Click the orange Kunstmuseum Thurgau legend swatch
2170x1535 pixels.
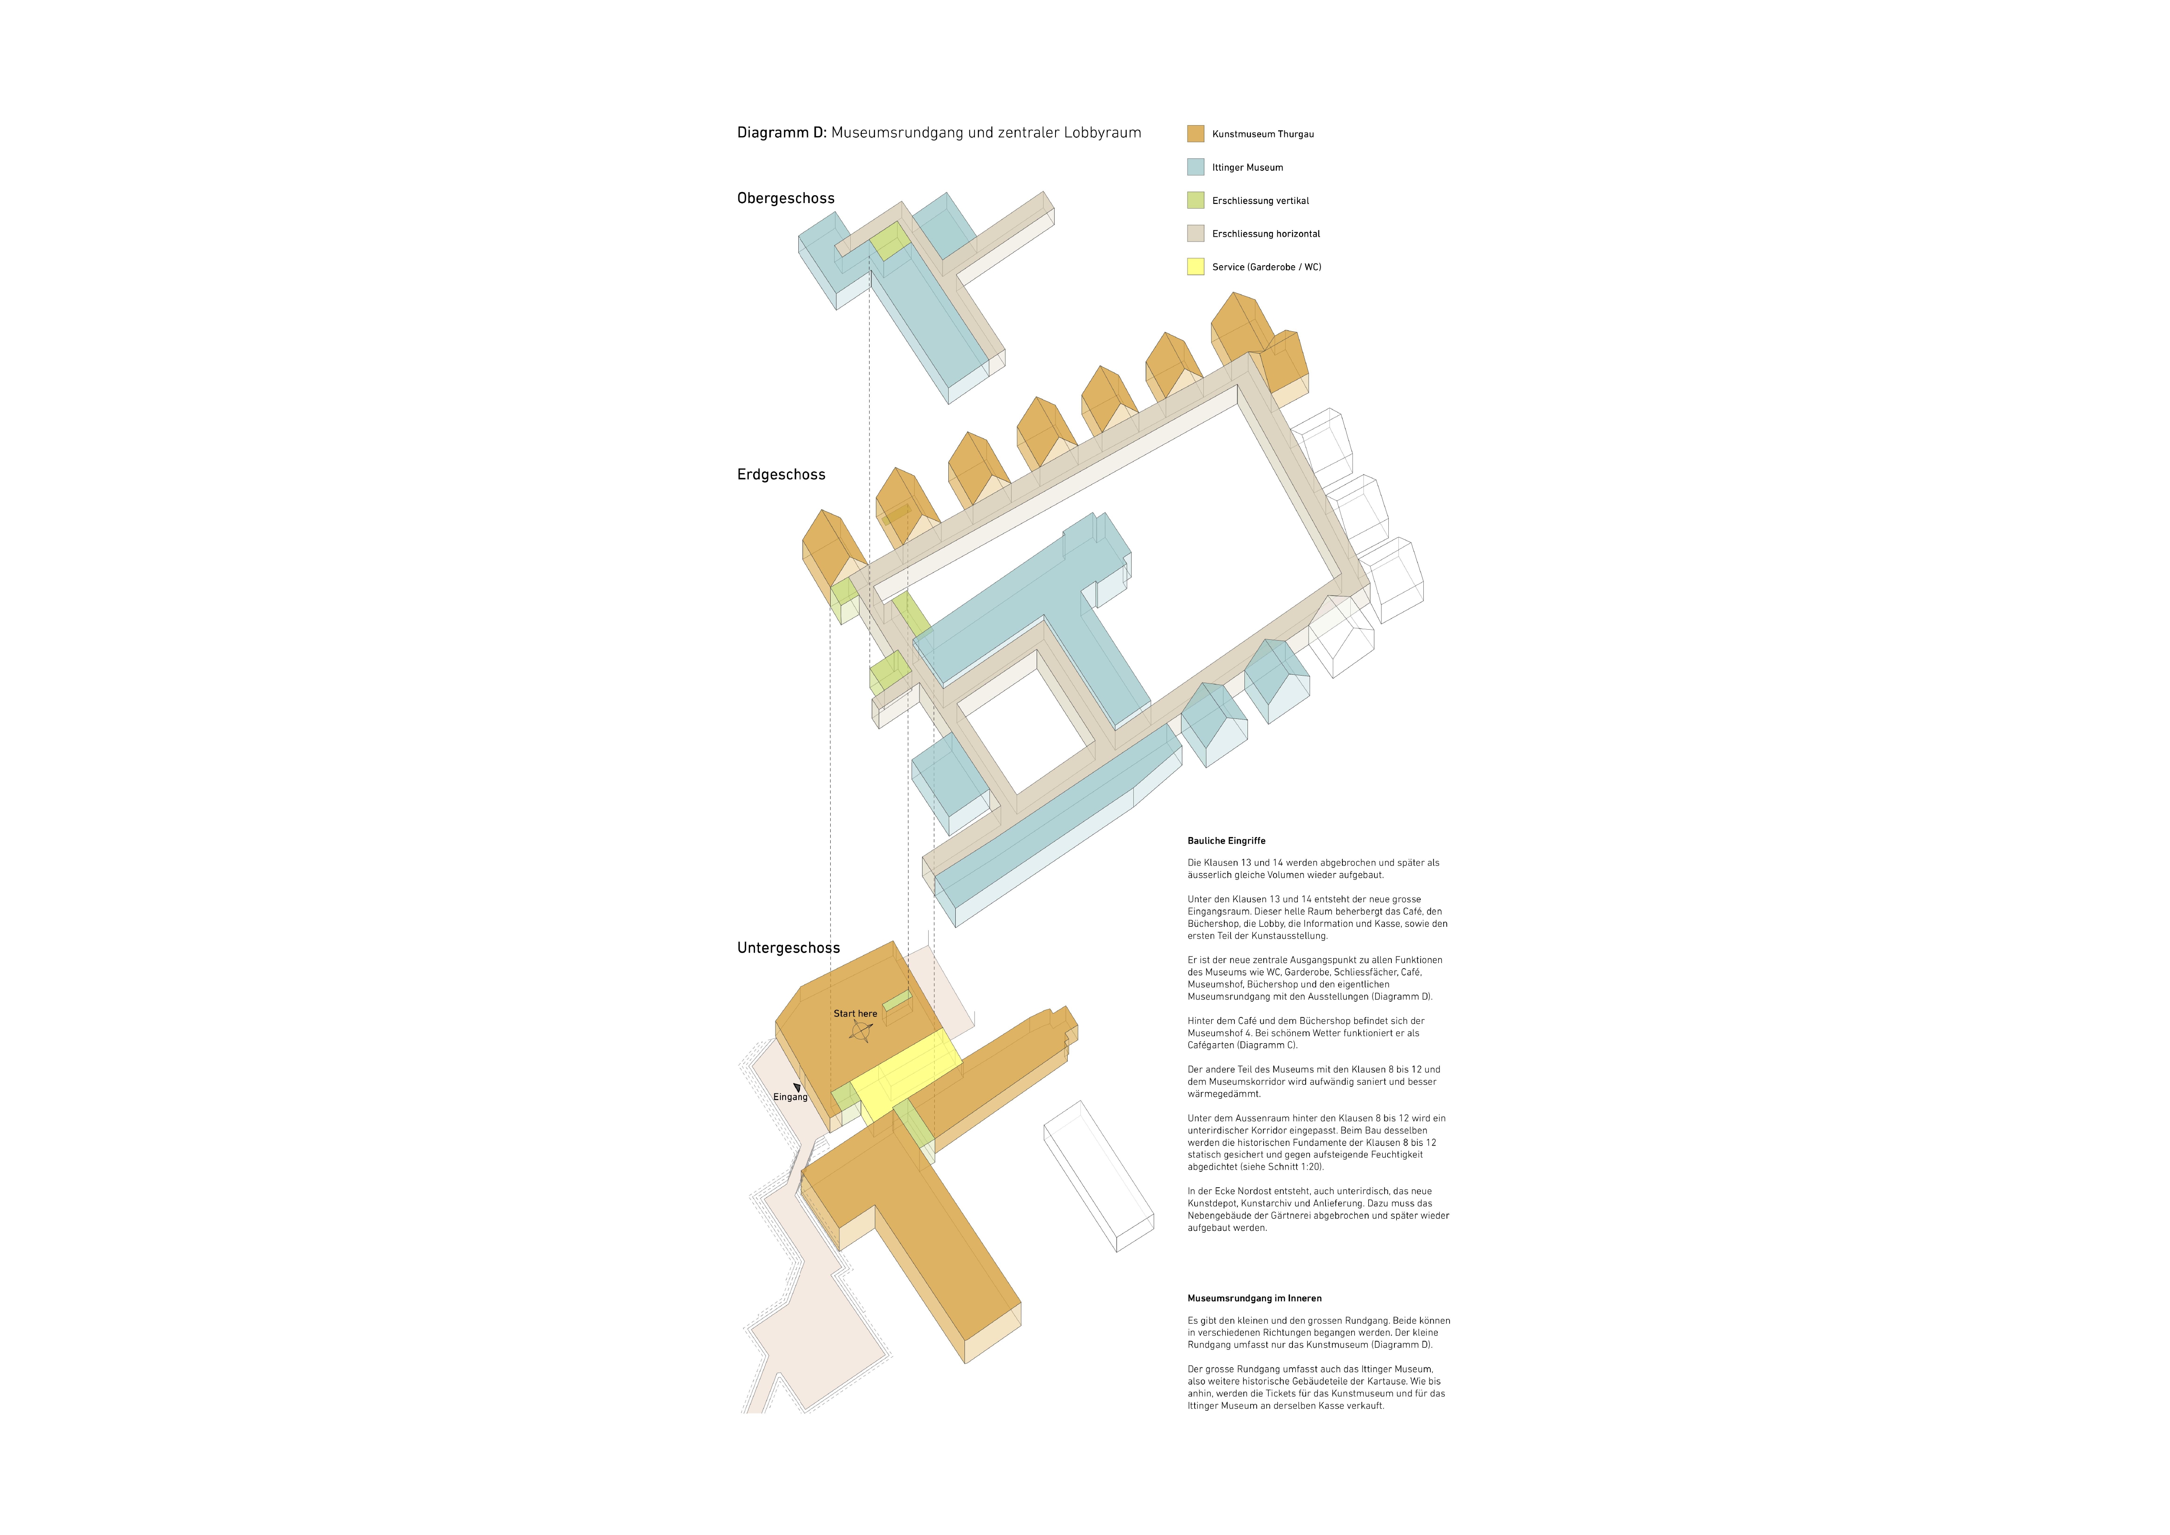(1195, 133)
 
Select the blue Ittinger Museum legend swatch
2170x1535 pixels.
(1195, 166)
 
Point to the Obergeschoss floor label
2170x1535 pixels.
(786, 199)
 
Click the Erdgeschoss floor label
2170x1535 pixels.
(781, 474)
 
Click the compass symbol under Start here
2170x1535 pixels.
(860, 1031)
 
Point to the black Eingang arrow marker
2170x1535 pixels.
(797, 1088)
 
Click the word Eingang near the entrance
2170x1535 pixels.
(790, 1097)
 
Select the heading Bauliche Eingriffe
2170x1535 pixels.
(1226, 840)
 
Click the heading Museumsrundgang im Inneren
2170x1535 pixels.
(1254, 1298)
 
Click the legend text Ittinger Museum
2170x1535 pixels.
(1247, 167)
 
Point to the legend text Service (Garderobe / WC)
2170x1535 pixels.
(1266, 266)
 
